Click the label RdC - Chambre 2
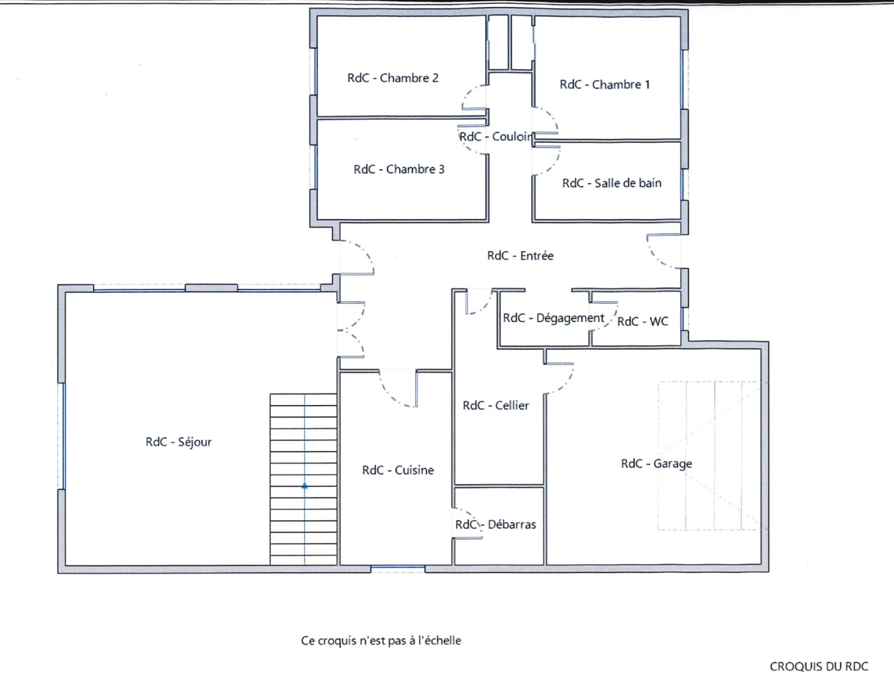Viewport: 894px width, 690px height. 393,78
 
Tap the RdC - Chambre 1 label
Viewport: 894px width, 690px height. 605,84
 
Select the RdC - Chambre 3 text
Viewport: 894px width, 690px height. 399,169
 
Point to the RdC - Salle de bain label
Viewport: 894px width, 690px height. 612,183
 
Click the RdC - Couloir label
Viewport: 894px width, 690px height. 496,137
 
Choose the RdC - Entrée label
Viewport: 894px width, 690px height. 520,256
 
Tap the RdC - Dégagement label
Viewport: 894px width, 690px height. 553,318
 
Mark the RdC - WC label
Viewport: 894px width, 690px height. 642,321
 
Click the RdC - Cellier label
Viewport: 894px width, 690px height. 496,405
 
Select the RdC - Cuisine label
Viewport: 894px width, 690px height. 398,470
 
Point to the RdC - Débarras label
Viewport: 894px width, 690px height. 496,525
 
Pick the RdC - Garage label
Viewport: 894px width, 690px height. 656,464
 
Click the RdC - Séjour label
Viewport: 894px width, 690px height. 178,442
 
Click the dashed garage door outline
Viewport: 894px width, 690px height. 709,456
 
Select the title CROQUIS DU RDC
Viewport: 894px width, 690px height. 819,666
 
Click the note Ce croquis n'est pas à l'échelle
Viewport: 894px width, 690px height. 381,640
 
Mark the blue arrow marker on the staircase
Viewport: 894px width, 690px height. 305,486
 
